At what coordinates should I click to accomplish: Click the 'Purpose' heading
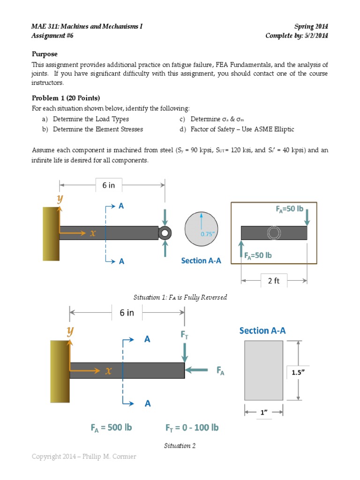45,54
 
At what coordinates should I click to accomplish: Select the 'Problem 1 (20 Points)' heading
66,98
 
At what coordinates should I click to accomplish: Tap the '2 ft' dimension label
273,281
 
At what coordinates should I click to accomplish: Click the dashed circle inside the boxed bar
273,233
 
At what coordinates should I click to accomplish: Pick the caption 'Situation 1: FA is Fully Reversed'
180,298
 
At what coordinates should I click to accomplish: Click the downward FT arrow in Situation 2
185,351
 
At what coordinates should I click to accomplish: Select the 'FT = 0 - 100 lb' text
192,427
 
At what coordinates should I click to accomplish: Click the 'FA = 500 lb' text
111,427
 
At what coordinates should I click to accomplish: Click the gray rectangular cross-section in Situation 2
263,370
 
